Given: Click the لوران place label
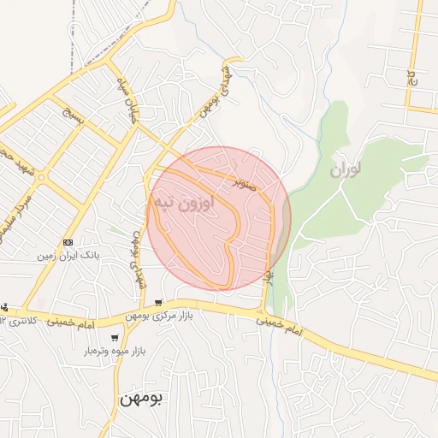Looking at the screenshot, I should (346, 169).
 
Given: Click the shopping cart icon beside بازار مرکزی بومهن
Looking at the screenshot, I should (159, 303).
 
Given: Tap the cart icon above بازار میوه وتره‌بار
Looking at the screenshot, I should (115, 338).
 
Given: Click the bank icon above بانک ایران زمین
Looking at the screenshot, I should (68, 242).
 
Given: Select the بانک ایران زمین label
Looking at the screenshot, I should (69, 255).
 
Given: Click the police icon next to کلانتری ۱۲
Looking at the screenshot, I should (3, 308).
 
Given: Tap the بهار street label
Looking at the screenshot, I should (269, 276).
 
